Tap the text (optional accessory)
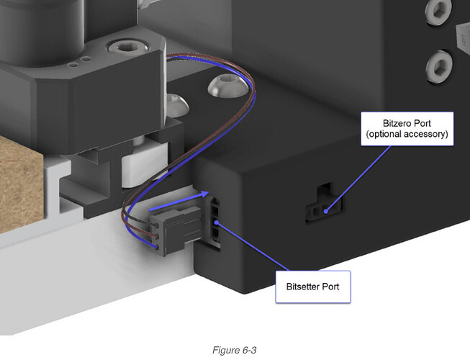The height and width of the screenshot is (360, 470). pyautogui.click(x=407, y=134)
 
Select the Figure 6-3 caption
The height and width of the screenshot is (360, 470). pyautogui.click(x=235, y=350)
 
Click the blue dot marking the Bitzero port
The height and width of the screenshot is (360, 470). pyautogui.click(x=326, y=211)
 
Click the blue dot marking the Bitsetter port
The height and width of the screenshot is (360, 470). pyautogui.click(x=217, y=222)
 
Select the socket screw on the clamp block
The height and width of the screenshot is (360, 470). pyautogui.click(x=129, y=47)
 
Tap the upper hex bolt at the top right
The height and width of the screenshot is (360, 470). pyautogui.click(x=438, y=12)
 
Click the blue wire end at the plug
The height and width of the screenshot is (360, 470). pyautogui.click(x=155, y=247)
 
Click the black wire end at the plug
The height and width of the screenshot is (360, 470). pyautogui.click(x=155, y=225)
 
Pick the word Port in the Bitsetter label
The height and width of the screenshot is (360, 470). pyautogui.click(x=330, y=287)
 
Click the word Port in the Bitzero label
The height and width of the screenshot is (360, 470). pyautogui.click(x=422, y=123)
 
